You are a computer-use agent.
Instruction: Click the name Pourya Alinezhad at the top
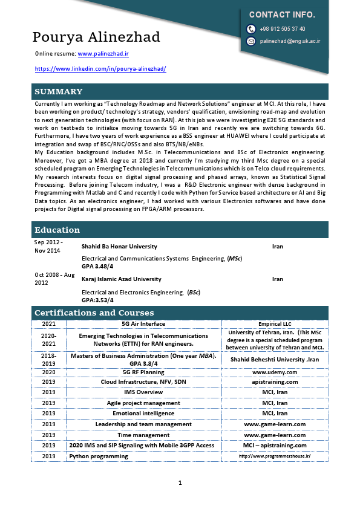[96, 37]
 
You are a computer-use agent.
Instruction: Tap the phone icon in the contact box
[251, 29]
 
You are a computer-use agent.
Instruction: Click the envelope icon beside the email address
[251, 41]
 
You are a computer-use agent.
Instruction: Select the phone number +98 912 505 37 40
[283, 29]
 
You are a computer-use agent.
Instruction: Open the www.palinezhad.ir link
[103, 54]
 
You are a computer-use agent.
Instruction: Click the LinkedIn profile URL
[100, 69]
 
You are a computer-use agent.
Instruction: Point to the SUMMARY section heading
[59, 92]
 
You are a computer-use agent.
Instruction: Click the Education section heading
[57, 230]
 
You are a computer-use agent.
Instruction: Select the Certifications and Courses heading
[94, 313]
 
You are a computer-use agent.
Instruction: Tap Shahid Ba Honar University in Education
[119, 247]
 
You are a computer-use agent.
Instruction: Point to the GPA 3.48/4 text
[97, 266]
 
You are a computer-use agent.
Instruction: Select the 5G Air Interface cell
[143, 324]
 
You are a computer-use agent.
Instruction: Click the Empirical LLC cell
[275, 324]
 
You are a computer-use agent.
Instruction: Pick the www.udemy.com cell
[275, 372]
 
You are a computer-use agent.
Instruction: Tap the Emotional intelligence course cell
[143, 413]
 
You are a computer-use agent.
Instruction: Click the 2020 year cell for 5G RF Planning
[49, 372]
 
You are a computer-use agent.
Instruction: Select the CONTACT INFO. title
[282, 15]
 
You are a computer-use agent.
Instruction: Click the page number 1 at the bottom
[180, 482]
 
